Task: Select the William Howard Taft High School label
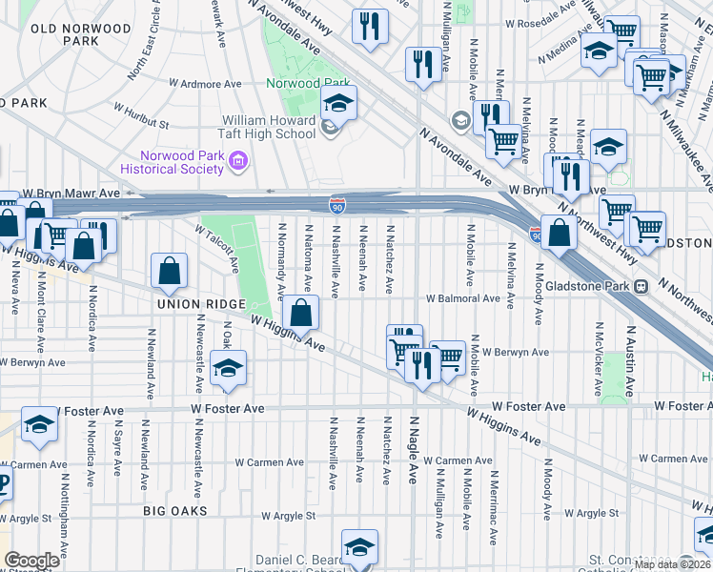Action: pos(269,128)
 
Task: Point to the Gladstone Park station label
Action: pos(600,285)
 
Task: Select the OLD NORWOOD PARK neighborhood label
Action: pos(80,35)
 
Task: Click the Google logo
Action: pos(31,561)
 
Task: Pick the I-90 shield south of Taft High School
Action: pos(336,204)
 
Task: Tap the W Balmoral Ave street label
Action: pos(462,297)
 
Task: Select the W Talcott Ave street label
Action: pos(217,242)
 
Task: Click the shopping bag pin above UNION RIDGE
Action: pos(169,272)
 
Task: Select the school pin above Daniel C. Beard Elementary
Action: pos(359,547)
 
